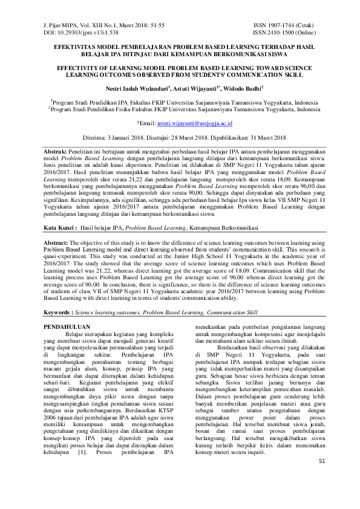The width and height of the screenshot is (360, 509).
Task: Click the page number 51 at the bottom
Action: coord(321,478)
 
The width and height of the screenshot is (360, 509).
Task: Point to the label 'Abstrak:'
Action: coord(59,149)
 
